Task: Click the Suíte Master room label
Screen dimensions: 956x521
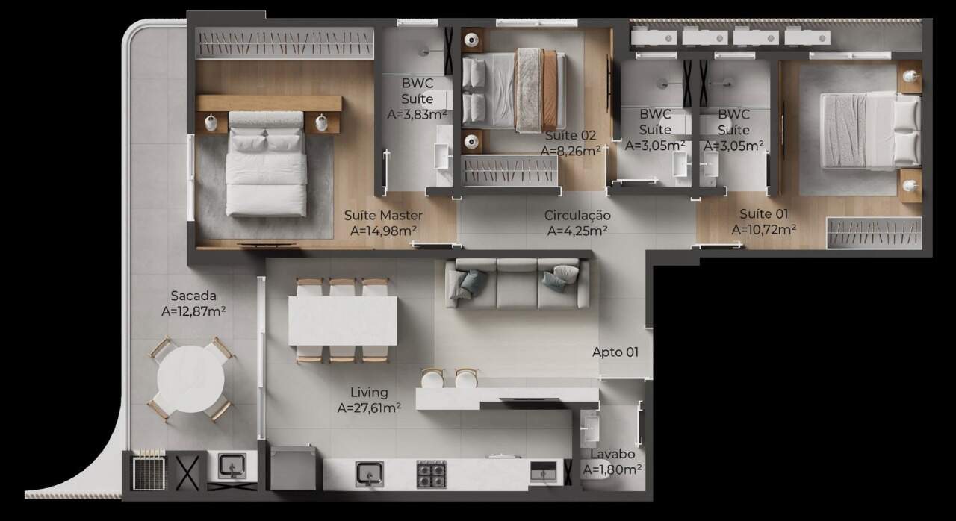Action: pos(383,215)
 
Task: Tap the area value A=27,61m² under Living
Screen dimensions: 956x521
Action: pos(369,408)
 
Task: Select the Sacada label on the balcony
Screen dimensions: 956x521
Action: pos(193,296)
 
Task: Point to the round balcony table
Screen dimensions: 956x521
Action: pos(190,379)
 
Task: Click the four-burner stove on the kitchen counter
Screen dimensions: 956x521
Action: pos(431,474)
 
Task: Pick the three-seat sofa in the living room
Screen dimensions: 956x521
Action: pos(518,283)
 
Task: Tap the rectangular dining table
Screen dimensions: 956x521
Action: pos(343,321)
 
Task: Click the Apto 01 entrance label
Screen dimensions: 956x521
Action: pos(615,352)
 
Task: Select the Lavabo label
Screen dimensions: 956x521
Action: pos(612,454)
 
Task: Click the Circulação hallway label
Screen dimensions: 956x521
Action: pos(577,215)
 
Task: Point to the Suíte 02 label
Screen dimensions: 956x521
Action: pos(571,136)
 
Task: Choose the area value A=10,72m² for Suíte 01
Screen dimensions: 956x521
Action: pos(764,230)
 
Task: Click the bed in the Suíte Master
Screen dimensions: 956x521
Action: pos(267,164)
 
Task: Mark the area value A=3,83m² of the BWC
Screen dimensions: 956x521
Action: pos(417,115)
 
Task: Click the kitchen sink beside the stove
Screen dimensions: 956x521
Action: pos(370,474)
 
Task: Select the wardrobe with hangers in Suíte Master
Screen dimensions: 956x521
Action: pos(285,43)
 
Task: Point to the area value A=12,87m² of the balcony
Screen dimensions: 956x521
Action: pos(193,311)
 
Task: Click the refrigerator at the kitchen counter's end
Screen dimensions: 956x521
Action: pos(294,468)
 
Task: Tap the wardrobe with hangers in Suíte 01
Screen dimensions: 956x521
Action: pos(874,233)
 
